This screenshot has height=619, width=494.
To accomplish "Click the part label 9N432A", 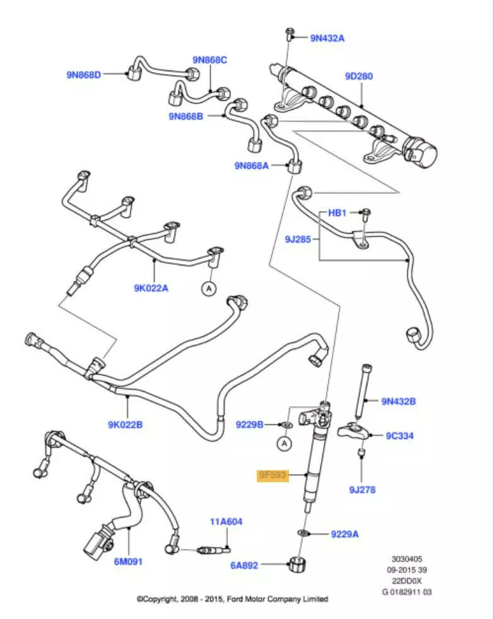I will pos(327,38).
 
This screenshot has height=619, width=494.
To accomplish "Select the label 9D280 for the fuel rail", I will pos(358,76).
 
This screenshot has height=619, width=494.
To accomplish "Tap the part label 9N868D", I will pos(84,74).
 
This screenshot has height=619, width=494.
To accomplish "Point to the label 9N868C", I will pos(209,60).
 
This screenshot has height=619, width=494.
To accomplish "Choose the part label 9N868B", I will pos(185,116).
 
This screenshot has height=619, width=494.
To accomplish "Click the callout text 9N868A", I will pos(251,166).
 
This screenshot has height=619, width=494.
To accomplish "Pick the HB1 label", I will pos(338,213).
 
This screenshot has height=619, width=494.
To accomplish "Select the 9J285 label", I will pos(298,240).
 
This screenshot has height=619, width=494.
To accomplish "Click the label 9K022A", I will pos(151,288).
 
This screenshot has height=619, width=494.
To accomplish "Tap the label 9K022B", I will pos(125,424).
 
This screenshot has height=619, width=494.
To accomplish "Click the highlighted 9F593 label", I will pos(272,475).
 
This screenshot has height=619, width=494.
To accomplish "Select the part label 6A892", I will pos(244,565).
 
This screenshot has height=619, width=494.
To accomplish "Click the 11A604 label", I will pos(226,522).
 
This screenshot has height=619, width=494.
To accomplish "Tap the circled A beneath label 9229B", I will pos(285,444).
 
